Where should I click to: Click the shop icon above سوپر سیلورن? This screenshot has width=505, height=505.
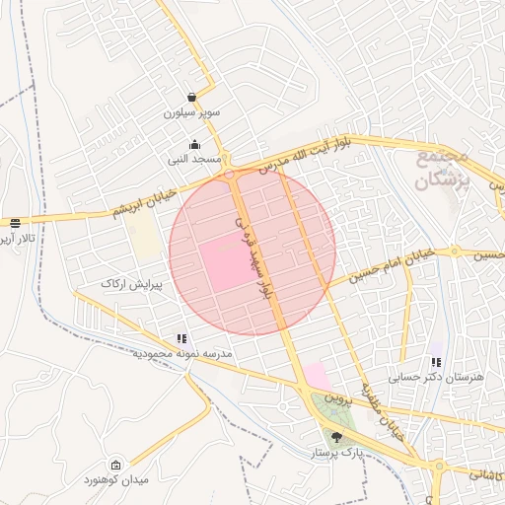click(189, 98)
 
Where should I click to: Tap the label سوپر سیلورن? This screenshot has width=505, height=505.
click(191, 113)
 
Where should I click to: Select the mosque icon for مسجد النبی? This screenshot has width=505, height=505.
click(207, 145)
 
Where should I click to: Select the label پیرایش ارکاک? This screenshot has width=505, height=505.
click(130, 284)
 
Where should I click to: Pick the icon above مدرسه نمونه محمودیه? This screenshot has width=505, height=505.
click(180, 338)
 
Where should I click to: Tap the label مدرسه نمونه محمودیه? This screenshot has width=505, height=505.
click(182, 353)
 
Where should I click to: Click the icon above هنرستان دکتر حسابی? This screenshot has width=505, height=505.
click(436, 362)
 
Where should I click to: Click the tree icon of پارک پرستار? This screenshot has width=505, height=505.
click(337, 437)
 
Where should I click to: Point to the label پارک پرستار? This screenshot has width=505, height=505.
click(338, 452)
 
